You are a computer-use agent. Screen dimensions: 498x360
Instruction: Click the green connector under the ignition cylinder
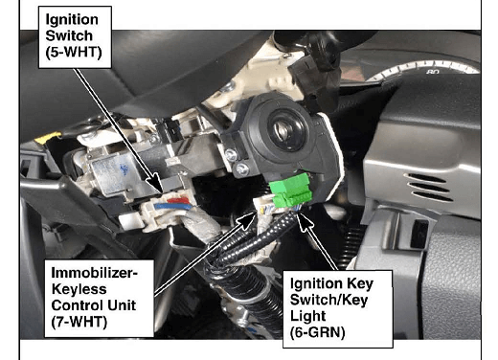point(291,190)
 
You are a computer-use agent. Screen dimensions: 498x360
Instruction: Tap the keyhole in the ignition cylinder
point(283,130)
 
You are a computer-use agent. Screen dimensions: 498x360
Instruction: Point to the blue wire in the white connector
point(173,207)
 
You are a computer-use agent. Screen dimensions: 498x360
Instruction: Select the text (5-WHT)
point(74,53)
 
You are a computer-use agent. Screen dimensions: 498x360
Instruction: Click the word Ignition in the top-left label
point(72,20)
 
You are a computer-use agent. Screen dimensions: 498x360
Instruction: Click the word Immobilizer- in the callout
point(95,273)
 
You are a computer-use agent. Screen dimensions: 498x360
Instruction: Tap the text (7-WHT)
point(79,322)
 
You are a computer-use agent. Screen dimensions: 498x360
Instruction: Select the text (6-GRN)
point(318,332)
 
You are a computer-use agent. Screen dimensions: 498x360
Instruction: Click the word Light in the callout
point(307,316)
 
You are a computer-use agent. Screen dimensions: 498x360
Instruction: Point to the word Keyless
point(79,289)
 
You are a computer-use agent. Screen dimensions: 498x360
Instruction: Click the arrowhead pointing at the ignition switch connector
point(156,183)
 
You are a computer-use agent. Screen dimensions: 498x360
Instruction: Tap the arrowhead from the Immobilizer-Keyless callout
point(247,220)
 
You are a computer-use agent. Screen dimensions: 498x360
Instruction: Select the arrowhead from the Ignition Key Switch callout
point(304,221)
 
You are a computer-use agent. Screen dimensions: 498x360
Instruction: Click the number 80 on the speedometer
point(433,72)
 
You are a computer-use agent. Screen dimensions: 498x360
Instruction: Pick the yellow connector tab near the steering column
point(48,138)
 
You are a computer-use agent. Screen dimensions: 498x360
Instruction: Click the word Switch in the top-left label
point(69,36)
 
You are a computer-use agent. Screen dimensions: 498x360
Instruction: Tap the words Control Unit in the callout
point(94,305)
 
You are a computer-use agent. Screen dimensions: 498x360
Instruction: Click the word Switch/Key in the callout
point(328,300)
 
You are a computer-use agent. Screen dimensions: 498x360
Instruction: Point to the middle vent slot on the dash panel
point(430,188)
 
